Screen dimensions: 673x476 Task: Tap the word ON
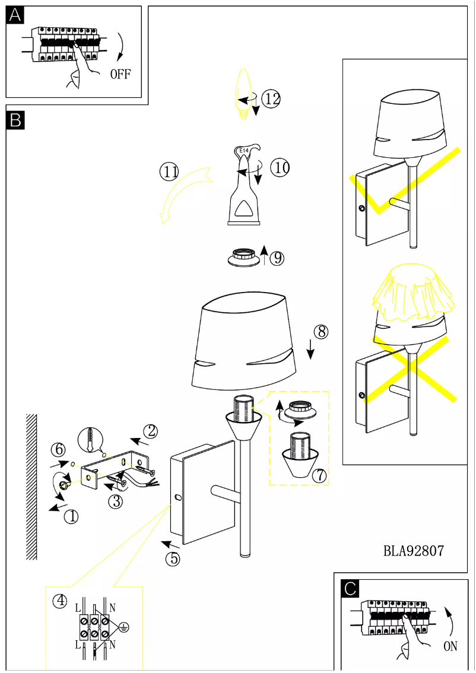450,646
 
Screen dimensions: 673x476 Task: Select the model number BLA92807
414,551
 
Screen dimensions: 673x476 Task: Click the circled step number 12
271,99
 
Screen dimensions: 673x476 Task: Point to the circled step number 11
169,172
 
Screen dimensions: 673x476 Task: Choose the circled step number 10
280,168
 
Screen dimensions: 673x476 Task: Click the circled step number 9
277,258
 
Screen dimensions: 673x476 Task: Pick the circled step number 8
320,332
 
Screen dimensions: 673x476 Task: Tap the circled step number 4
60,601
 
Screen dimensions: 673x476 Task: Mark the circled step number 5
172,558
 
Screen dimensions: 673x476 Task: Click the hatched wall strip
31,487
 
